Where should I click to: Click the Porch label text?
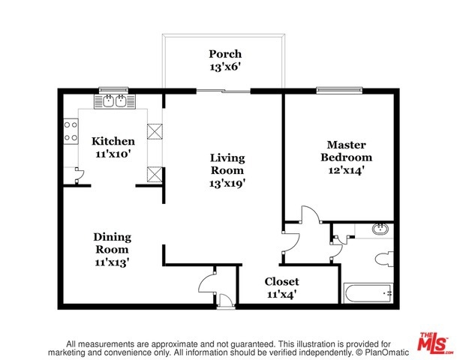225,54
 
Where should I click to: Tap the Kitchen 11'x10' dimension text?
113,154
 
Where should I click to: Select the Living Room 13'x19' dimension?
227,184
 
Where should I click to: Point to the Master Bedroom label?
346,151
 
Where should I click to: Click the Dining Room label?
113,243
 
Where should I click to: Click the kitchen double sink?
115,101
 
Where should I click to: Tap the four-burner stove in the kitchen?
71,132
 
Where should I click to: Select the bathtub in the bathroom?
368,293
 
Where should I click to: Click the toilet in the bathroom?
384,259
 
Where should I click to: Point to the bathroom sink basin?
380,229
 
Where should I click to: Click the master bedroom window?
339,90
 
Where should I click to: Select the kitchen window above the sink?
113,90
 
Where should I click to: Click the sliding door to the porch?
224,91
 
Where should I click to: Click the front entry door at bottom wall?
226,301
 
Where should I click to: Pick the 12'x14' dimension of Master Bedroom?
347,170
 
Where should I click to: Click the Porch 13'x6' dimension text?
225,67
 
